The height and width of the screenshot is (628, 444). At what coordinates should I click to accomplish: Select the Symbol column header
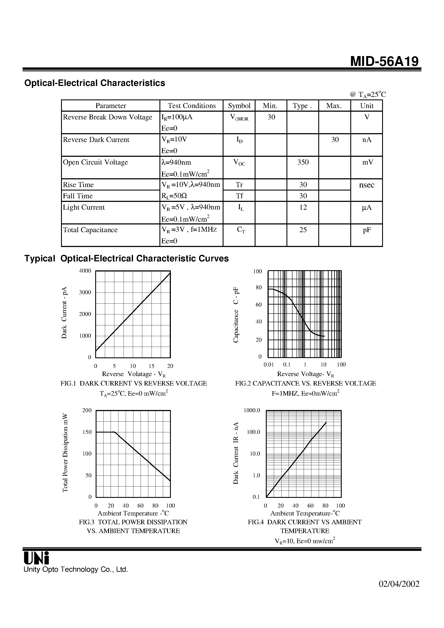(x=239, y=106)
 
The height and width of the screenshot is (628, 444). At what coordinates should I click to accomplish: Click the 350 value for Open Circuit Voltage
(x=303, y=162)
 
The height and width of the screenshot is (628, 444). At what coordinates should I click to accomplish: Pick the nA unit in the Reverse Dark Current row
(x=367, y=140)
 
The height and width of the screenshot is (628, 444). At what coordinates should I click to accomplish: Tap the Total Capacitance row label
(x=90, y=230)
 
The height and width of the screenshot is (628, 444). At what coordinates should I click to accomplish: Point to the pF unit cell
(x=367, y=230)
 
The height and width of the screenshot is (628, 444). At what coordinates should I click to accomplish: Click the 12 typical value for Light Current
(x=303, y=207)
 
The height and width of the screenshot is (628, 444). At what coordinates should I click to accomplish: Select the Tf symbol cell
(x=239, y=196)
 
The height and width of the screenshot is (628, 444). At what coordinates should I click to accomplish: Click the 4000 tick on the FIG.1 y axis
(x=85, y=271)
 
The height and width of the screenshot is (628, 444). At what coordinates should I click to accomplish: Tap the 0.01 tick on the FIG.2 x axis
(x=269, y=365)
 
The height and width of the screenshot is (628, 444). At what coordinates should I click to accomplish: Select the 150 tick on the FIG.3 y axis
(x=87, y=432)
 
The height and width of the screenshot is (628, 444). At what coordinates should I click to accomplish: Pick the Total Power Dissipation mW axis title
(x=65, y=453)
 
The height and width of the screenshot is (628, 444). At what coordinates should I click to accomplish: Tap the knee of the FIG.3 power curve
(x=114, y=432)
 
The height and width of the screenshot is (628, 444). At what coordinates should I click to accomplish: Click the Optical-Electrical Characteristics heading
(x=95, y=83)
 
